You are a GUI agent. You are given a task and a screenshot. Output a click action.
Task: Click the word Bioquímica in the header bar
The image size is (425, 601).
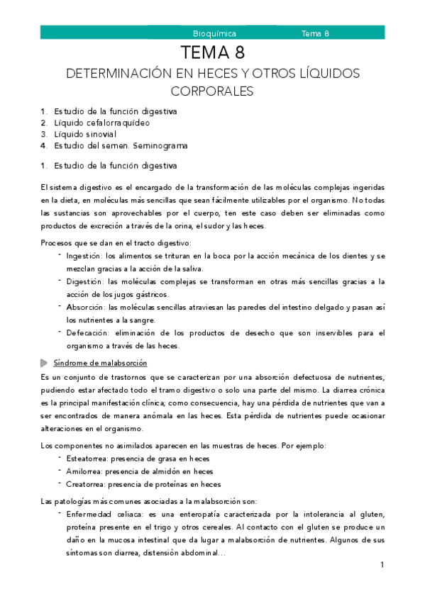tap(214, 33)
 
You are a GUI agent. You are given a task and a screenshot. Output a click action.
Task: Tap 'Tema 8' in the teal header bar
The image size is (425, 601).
tap(315, 33)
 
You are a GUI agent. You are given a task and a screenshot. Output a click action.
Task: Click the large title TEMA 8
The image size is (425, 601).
tap(213, 53)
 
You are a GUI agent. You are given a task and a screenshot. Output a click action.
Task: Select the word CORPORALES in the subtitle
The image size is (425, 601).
tap(212, 91)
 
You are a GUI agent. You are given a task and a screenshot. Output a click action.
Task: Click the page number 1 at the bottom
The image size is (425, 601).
tap(382, 566)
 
